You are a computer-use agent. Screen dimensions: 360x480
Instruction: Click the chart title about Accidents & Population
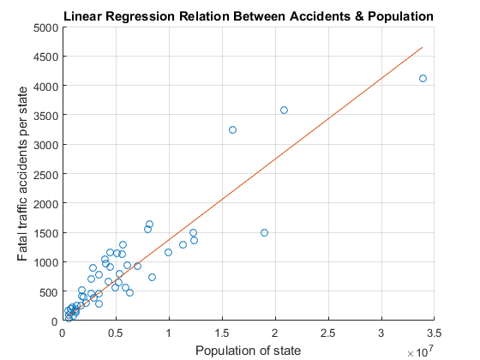[248, 17]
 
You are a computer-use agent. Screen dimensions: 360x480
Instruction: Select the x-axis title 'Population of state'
[248, 350]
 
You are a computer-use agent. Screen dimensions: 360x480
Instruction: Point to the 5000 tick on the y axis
[44, 27]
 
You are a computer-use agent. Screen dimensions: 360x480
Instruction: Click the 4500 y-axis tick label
[44, 57]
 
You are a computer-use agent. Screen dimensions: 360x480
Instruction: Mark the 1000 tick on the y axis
[44, 262]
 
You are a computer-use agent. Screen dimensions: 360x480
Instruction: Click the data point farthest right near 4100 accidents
[423, 78]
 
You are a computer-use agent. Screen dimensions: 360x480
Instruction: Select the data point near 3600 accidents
[284, 110]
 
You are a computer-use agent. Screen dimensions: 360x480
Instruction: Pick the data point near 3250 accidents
[232, 129]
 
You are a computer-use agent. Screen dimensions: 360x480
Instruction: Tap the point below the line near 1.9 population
[264, 232]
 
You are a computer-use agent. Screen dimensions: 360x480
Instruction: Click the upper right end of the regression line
[423, 48]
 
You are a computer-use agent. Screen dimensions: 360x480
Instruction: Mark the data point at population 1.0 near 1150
[168, 252]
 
